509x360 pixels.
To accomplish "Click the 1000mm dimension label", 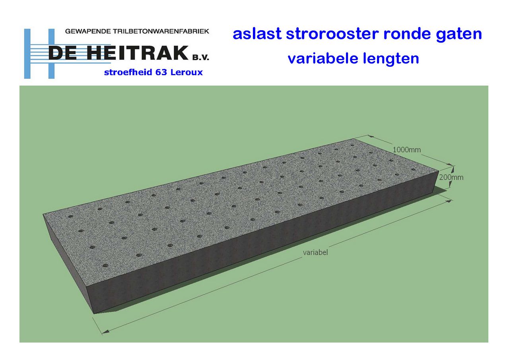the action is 406,150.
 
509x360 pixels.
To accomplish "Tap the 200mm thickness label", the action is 451,177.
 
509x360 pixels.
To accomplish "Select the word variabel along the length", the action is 315,253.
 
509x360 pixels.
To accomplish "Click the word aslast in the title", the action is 257,34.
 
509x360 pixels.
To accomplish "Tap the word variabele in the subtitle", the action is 323,58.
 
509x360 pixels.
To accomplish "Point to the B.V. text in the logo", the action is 201,57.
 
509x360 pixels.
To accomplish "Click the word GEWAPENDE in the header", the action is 88,31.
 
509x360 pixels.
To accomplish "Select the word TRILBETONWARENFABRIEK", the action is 161,31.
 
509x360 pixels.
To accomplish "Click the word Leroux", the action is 187,72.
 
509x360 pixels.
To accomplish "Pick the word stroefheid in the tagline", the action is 128,72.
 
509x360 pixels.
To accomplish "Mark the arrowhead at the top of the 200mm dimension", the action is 453,169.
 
